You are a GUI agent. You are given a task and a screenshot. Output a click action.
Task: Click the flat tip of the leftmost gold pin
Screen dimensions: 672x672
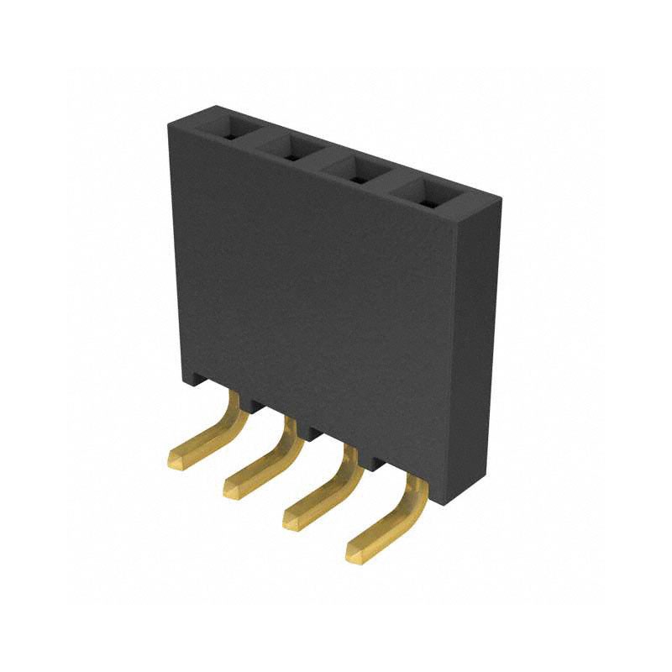(x=179, y=458)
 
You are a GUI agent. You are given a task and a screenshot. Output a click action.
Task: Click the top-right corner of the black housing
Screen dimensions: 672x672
(x=501, y=200)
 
